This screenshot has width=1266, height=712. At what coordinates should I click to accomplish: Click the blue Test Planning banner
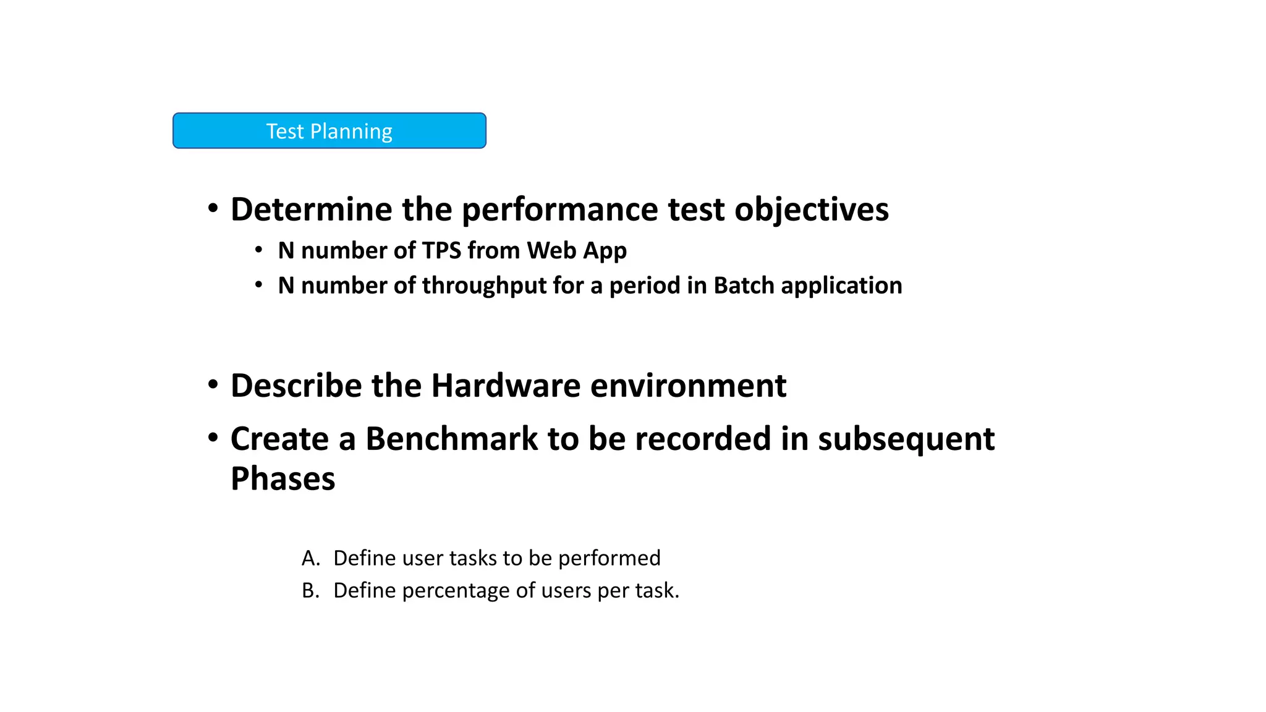point(329,130)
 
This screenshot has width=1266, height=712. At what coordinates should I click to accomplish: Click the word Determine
point(311,209)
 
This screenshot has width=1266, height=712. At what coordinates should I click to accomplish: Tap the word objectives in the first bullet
point(811,209)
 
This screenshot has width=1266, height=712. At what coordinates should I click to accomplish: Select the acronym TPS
point(441,250)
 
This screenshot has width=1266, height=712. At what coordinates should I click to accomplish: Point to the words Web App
point(577,250)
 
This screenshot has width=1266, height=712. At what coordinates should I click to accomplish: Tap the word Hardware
point(506,386)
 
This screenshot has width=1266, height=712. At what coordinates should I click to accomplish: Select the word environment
point(688,386)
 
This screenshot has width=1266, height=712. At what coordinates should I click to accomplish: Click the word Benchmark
point(451,439)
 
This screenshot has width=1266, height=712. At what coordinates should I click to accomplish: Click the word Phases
point(283,479)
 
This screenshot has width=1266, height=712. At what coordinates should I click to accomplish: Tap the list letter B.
point(309,591)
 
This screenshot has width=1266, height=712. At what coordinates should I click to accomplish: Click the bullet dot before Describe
point(213,384)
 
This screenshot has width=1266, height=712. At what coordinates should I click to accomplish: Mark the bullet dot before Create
point(213,438)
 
